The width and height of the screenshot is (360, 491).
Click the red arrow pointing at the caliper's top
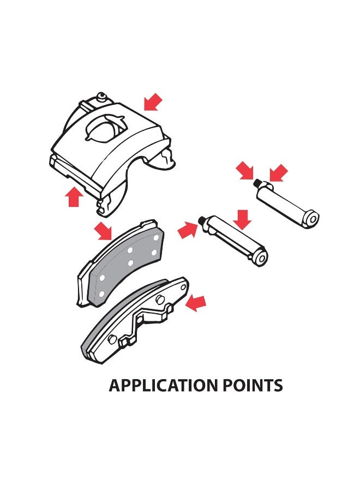153,102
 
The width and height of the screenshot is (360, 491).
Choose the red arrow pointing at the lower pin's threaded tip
188,229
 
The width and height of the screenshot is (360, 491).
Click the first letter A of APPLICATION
115,386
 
